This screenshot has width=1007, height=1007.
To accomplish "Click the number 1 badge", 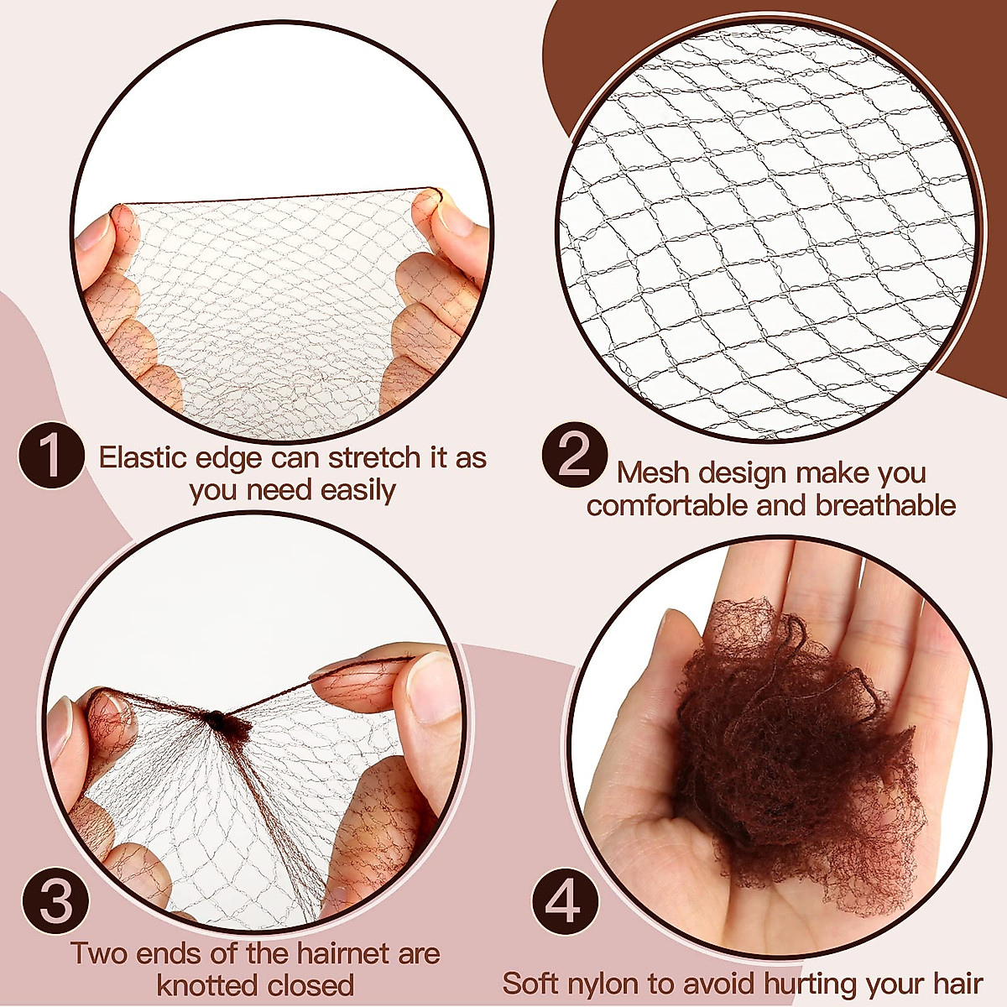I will tap(51, 458).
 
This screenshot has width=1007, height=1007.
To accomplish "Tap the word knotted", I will tap(207, 984).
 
